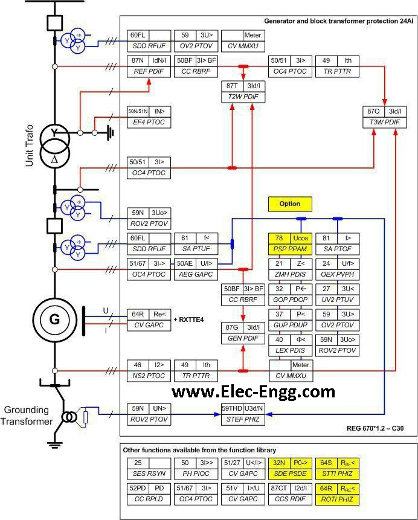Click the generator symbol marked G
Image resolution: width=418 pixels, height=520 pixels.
pos(54,319)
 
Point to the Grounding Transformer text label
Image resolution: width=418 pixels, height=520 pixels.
pos(27,416)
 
